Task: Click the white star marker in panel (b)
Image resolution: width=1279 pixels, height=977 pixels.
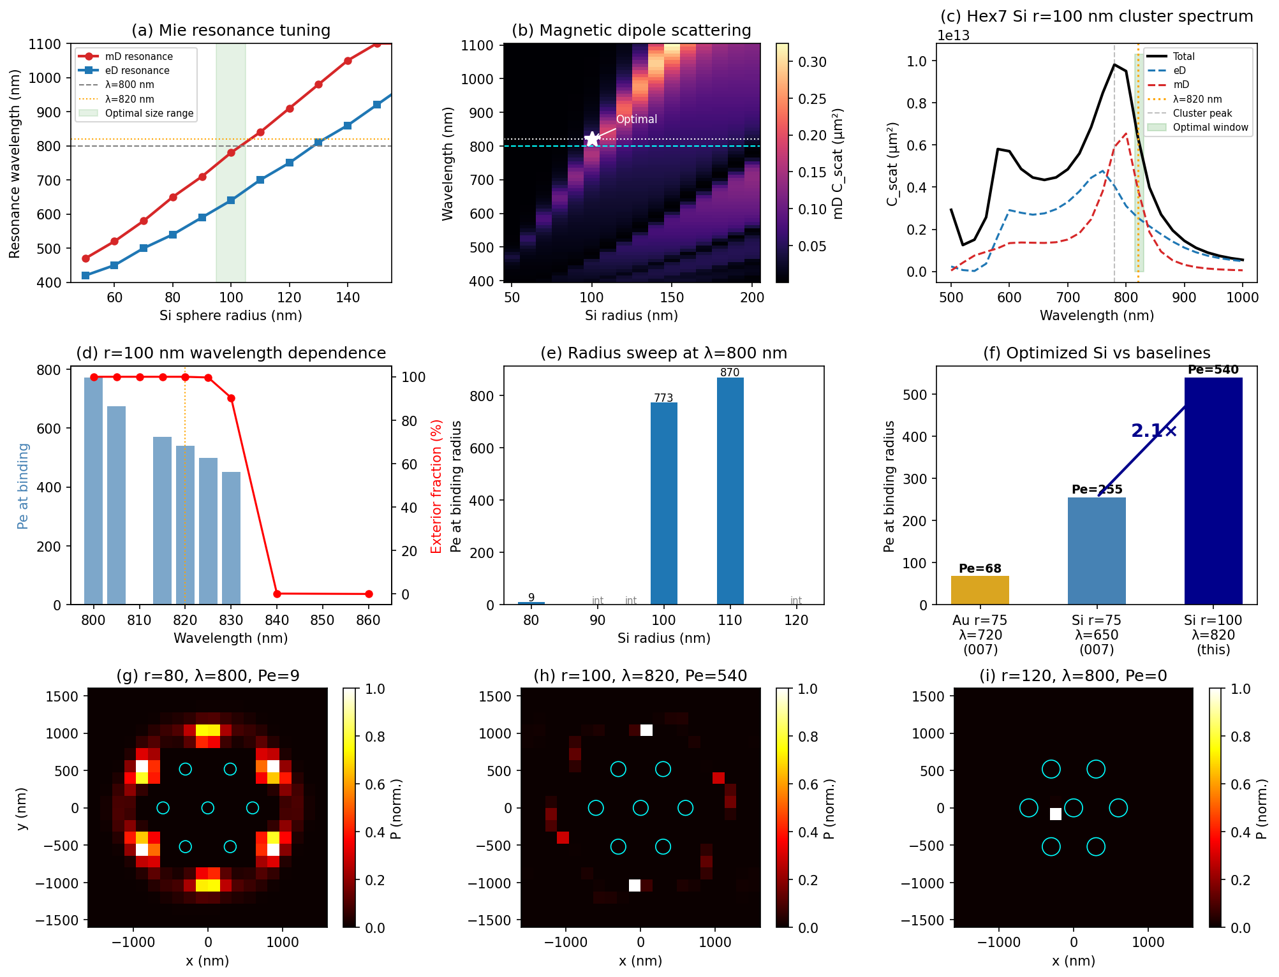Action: [592, 139]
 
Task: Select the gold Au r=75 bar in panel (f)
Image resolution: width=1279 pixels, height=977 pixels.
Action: [980, 590]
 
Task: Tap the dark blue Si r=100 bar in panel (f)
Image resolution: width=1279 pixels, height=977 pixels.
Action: [1213, 491]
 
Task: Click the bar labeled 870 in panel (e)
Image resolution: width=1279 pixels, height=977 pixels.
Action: [730, 491]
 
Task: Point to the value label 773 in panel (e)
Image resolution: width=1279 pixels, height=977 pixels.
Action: [663, 398]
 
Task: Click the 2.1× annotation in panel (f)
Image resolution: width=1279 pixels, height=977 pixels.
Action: [1153, 431]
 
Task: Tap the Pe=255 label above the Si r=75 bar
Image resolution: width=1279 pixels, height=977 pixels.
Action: [1097, 490]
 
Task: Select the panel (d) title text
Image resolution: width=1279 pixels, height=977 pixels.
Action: [231, 353]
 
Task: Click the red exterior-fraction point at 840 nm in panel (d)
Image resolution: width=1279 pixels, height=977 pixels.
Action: [277, 594]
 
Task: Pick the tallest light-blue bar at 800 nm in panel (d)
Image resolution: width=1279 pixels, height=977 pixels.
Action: [94, 491]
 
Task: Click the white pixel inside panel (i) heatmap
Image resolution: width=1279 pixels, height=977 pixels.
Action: [1056, 814]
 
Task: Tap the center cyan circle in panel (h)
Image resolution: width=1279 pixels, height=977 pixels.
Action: [640, 808]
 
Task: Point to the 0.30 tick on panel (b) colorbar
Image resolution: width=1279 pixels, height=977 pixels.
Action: [812, 62]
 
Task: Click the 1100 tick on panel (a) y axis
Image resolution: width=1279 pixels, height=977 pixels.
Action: [45, 45]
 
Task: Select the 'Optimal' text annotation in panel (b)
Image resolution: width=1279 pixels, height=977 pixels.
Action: [636, 119]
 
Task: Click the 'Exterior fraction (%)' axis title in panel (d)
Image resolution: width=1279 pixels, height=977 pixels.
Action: [436, 486]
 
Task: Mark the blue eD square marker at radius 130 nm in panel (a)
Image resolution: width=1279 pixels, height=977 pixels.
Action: [318, 142]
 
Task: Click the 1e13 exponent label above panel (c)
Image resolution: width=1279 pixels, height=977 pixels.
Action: [953, 36]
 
